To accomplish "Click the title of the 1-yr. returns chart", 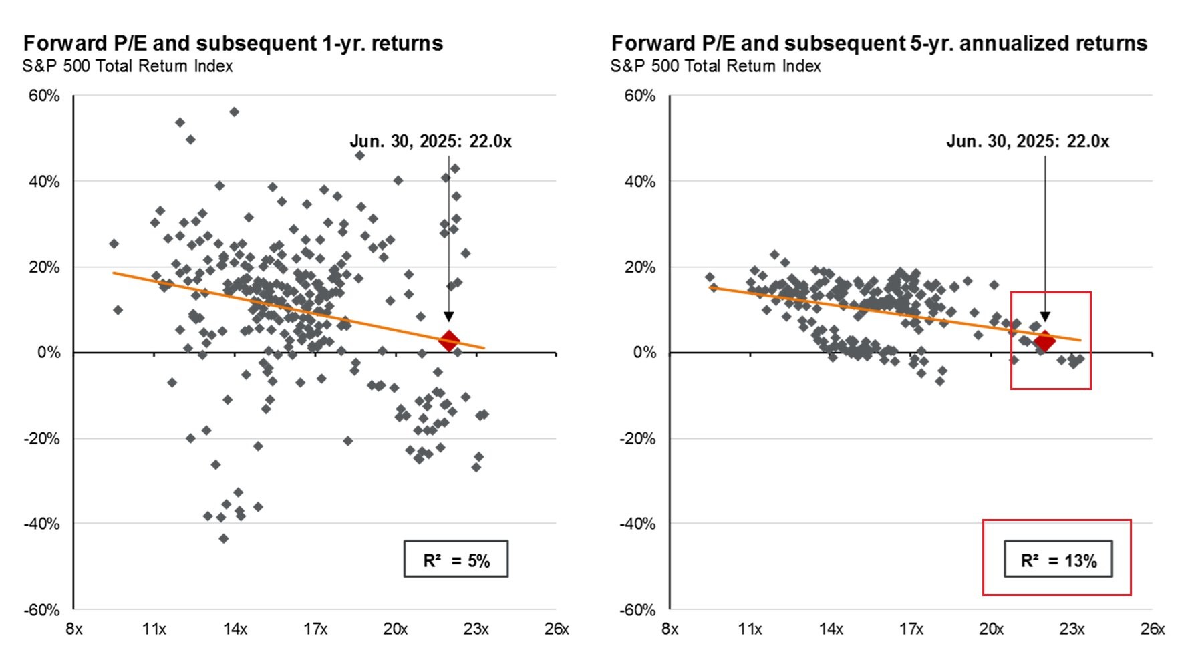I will click(233, 43).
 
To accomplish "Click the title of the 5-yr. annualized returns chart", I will click(879, 43).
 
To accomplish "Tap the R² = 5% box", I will click(456, 560).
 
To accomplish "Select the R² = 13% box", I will click(1058, 560).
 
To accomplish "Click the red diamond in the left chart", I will click(449, 341).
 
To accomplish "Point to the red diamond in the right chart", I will click(1045, 341).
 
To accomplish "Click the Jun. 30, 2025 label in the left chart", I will click(431, 142).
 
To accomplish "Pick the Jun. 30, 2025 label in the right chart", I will click(1028, 142).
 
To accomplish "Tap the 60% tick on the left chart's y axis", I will click(44, 96).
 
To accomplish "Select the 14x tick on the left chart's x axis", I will click(235, 629).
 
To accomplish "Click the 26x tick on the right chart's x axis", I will click(1153, 629).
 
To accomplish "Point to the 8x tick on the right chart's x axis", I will click(670, 629).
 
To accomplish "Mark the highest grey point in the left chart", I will click(234, 112).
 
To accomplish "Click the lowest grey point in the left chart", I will click(224, 538).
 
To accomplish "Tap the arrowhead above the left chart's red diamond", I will click(449, 317).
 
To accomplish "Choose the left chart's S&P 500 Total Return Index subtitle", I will click(128, 67).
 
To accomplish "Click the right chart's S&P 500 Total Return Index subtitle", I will click(716, 67).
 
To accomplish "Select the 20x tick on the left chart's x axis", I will click(396, 629).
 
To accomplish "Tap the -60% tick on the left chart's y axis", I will click(42, 610).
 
